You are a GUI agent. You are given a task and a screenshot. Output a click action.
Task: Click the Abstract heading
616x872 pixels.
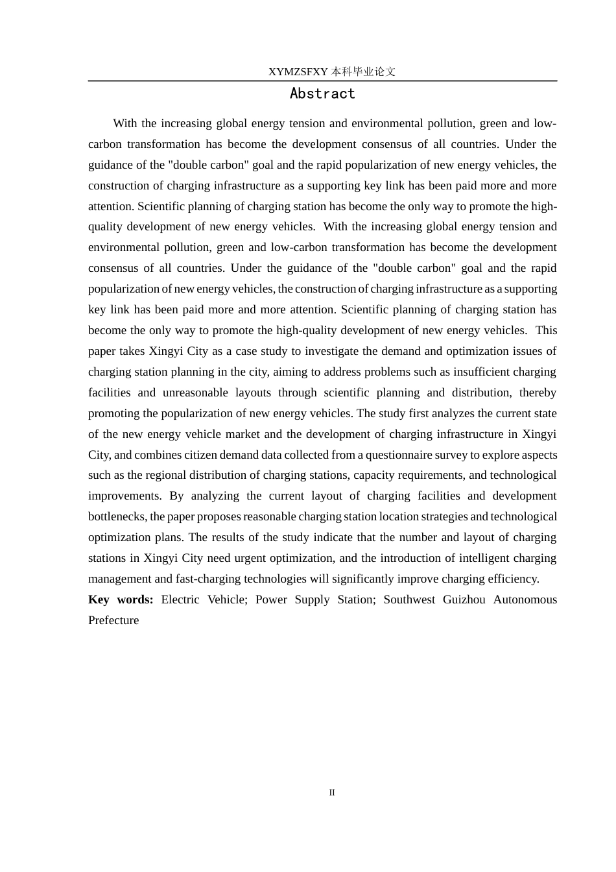click(x=322, y=94)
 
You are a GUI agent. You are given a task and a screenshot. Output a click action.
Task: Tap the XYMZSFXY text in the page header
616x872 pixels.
click(x=298, y=72)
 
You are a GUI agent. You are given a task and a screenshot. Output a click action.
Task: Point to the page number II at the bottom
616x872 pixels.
click(x=332, y=792)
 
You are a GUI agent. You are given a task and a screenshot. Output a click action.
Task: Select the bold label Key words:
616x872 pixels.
click(x=121, y=599)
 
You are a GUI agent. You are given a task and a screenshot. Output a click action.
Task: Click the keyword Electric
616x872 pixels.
click(x=180, y=599)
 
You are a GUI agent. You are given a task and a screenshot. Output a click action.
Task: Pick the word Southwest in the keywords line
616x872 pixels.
click(x=409, y=599)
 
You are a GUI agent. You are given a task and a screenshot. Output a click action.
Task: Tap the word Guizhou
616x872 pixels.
click(x=464, y=599)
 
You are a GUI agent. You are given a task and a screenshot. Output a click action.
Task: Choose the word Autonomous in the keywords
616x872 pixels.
click(x=525, y=599)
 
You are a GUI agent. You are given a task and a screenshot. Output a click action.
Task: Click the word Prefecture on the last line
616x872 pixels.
click(x=113, y=620)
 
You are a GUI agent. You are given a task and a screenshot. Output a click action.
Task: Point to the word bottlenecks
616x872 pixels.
click(x=117, y=517)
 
